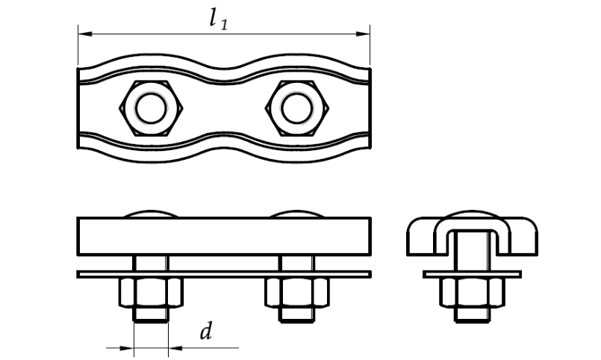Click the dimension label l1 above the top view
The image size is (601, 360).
219,19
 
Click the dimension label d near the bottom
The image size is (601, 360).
206,332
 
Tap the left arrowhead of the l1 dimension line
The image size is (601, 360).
85,34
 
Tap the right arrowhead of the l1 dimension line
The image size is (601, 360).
363,34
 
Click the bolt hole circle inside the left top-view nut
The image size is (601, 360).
151,108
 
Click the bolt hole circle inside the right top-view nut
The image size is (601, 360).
297,108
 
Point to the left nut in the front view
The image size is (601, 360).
151,293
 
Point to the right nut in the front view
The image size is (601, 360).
297,293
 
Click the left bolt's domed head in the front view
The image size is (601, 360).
151,213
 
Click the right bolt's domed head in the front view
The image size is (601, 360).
297,213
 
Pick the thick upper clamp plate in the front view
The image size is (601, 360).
224,236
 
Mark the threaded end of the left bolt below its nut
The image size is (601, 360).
151,314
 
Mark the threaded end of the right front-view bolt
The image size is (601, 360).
297,314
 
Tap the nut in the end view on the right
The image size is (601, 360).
472,293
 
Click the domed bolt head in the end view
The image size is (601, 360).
472,213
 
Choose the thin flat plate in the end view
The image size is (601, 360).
472,275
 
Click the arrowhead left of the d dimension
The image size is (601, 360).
126,348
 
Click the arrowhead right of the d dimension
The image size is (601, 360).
175,348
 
